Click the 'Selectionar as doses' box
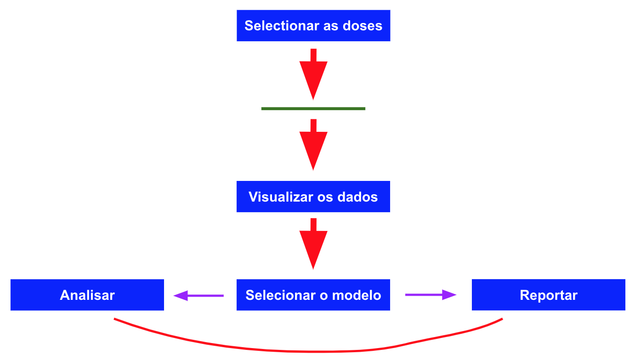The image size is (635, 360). (x=313, y=26)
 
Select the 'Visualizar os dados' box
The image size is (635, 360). (x=313, y=197)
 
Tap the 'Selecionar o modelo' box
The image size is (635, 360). (x=313, y=295)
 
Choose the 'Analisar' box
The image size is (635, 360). (x=87, y=295)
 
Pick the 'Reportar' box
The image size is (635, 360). (x=549, y=295)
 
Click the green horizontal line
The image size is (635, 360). (x=313, y=109)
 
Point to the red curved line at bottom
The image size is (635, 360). (x=312, y=352)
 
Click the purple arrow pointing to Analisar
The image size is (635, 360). (x=198, y=296)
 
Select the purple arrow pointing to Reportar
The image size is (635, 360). (x=431, y=295)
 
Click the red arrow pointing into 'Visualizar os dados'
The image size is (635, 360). (x=313, y=145)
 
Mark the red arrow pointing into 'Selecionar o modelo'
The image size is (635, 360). (x=313, y=244)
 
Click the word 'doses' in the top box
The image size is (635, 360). (x=363, y=26)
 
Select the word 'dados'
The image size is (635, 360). (x=357, y=197)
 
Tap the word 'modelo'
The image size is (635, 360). (x=357, y=295)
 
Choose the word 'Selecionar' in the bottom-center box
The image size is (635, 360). (x=281, y=295)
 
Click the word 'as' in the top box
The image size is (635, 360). (x=331, y=27)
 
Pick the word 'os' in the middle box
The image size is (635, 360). (x=325, y=198)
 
